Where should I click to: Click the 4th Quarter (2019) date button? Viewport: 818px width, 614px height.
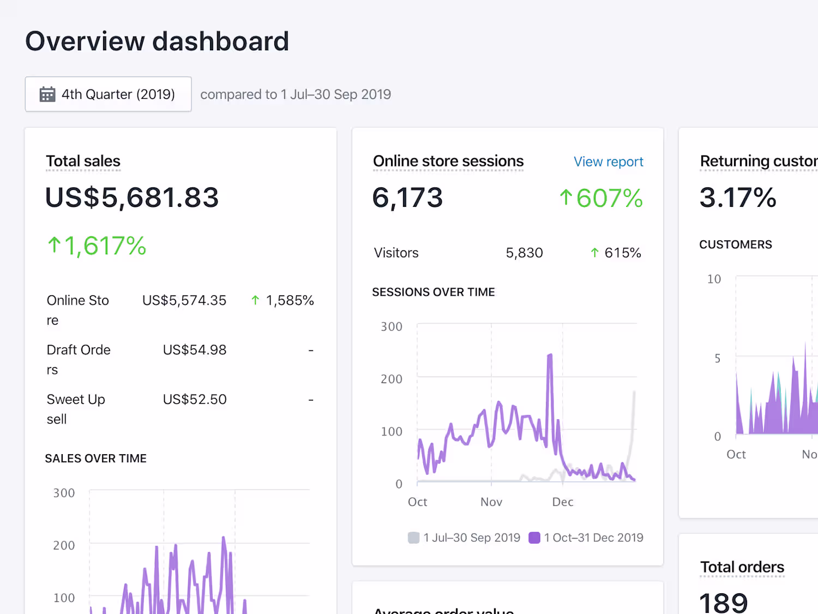tap(108, 94)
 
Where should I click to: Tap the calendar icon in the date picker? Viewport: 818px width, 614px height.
tap(47, 94)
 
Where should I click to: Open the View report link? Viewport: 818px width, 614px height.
tap(608, 162)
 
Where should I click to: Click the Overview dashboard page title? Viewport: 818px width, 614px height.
tap(157, 41)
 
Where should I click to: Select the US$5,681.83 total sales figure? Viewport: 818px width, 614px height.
tap(132, 198)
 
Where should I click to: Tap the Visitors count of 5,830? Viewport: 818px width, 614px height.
tap(524, 253)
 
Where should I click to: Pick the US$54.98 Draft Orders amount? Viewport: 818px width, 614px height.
tap(195, 350)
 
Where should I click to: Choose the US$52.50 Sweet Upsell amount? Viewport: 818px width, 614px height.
tap(195, 400)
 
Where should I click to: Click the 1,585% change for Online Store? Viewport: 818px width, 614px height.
tap(290, 300)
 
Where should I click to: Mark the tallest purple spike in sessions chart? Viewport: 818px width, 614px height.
tap(550, 356)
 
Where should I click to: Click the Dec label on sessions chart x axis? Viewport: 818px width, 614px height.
tap(563, 502)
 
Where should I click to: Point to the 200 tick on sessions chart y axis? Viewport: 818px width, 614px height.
tap(392, 379)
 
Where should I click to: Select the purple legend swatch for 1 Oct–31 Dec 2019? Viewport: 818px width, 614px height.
tap(534, 538)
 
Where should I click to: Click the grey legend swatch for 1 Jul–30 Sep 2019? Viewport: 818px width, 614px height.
tap(414, 538)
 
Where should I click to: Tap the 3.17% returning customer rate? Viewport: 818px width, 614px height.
tap(738, 198)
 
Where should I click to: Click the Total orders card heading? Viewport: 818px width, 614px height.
tap(742, 567)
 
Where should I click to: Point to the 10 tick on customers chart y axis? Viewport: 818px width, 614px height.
tap(714, 279)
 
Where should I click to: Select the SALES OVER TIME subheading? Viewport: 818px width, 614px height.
tap(95, 458)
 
